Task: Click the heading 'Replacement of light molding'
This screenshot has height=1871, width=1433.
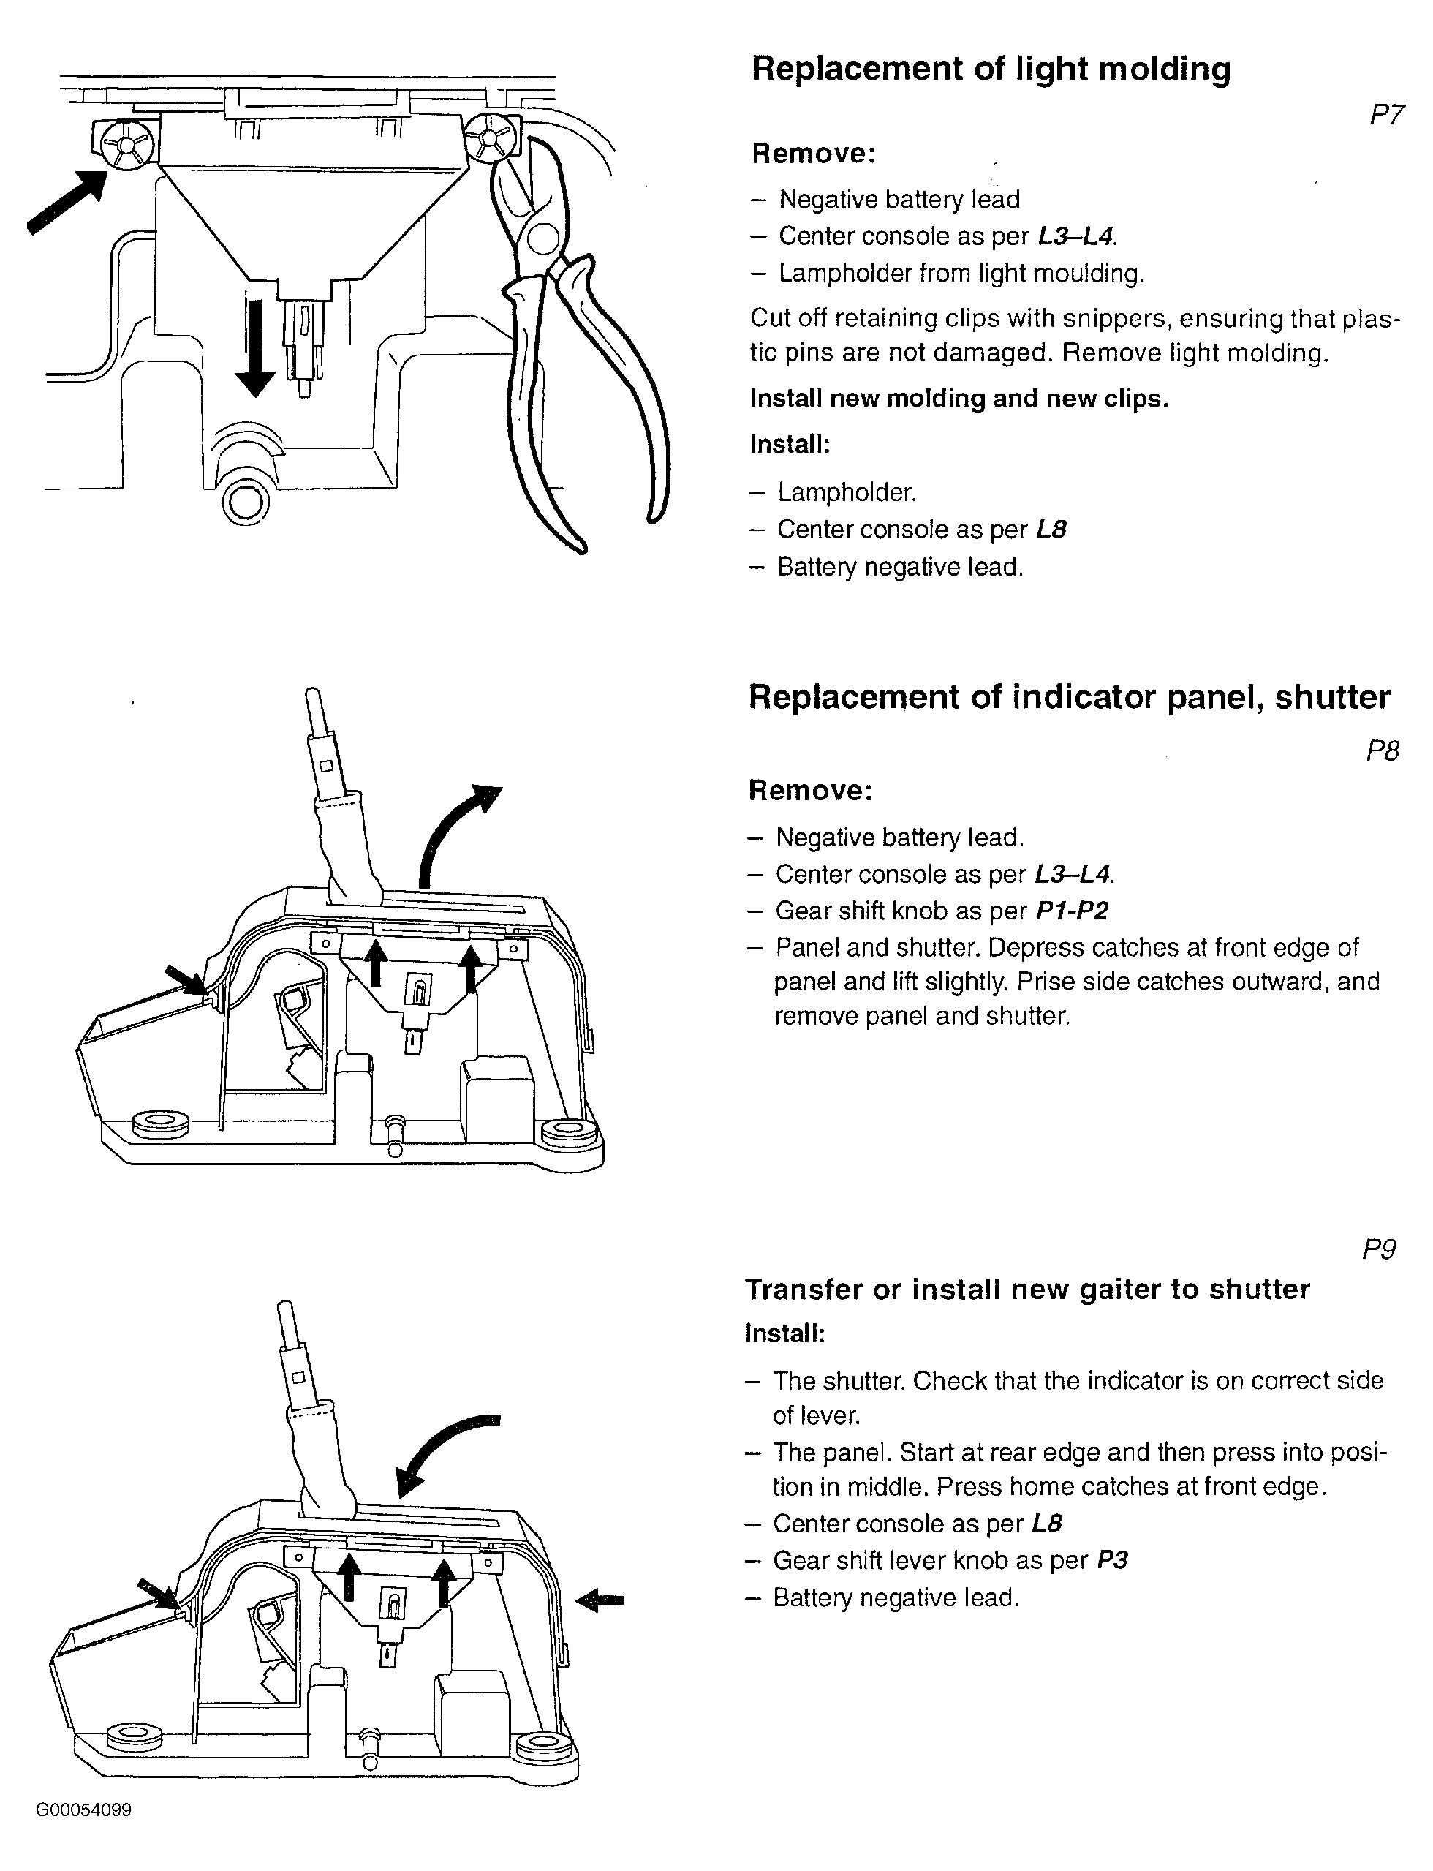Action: point(990,69)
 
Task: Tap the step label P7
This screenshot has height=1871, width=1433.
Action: point(1385,114)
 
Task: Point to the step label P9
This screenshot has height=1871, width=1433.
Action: point(1378,1249)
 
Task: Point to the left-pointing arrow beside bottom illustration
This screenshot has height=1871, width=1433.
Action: point(600,1600)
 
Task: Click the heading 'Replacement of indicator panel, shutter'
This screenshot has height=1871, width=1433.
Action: point(1069,697)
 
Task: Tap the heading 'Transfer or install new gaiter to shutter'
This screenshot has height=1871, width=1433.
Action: point(1027,1289)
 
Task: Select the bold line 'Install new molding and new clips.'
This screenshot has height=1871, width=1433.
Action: point(959,399)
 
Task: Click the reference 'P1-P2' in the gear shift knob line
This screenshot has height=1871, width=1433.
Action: point(1071,911)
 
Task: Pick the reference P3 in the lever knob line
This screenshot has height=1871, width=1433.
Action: point(1111,1560)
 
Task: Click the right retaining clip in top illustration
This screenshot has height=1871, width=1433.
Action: point(490,138)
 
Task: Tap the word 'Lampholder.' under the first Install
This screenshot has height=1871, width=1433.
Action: point(847,492)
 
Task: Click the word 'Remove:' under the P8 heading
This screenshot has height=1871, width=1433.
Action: point(810,790)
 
